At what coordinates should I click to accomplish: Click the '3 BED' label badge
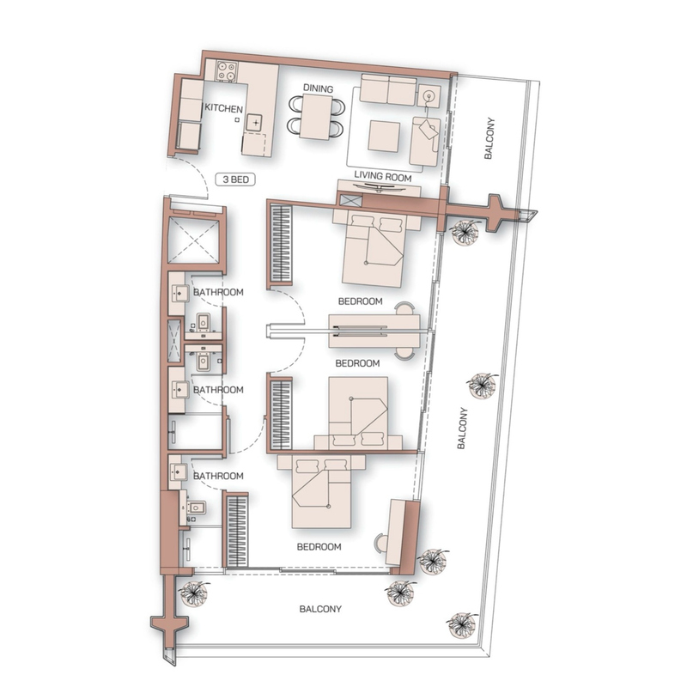coord(235,179)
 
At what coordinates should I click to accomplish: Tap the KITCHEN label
coord(223,108)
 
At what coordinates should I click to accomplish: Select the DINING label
coord(318,88)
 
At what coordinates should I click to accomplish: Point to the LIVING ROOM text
coord(383,177)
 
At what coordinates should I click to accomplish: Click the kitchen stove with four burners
coord(227,71)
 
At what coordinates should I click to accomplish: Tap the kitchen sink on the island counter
coord(255,122)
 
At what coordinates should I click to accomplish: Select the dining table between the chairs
coord(316,117)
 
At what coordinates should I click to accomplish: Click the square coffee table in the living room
coord(384,137)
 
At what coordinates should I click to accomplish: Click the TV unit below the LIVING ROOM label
coord(379,187)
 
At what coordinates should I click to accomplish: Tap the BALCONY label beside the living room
coord(489,138)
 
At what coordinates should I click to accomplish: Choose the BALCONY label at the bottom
coord(320,609)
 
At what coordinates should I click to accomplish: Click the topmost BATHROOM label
coord(218,292)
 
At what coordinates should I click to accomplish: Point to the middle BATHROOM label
coord(218,390)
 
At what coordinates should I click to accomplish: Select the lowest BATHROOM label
coord(218,476)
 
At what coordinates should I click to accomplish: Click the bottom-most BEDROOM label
coord(319,547)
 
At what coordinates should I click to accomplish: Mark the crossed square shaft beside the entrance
coord(194,240)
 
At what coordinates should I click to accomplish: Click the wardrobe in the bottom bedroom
coord(238,531)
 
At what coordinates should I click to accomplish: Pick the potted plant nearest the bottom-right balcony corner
coord(462,624)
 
